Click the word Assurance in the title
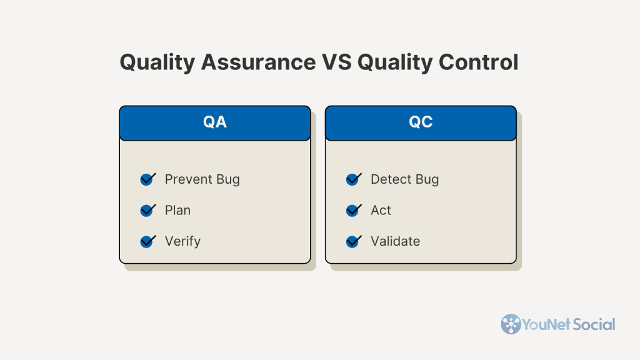point(258,62)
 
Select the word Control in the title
point(478,62)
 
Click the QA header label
point(215,122)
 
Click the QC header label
point(421,122)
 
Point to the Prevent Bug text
point(202,179)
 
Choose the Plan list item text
point(177,210)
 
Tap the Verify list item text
point(182,242)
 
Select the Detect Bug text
point(404,179)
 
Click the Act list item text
point(381,211)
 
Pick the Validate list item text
point(395,241)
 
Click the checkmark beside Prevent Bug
point(147,179)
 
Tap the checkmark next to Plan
point(147,210)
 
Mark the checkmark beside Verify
point(147,241)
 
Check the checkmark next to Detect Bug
point(354,179)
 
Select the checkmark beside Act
point(354,210)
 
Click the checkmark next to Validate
point(354,241)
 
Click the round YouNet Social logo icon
point(511,324)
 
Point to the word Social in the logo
point(594,324)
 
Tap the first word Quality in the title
point(157,62)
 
